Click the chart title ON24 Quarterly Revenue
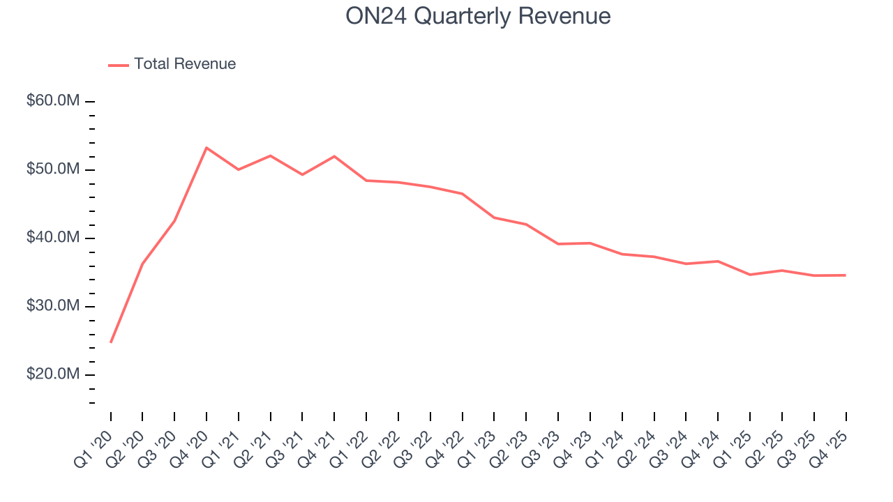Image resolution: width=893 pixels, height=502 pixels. point(478,16)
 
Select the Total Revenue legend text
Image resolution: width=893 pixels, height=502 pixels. point(185,64)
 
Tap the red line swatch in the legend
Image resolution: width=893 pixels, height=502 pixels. point(119,65)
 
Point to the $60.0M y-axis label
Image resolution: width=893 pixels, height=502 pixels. point(53,101)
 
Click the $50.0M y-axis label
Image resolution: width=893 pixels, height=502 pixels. point(53,169)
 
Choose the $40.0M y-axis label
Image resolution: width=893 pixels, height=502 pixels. point(53,238)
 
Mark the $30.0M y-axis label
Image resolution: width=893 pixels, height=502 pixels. point(53,306)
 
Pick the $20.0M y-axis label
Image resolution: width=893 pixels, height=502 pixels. point(53,374)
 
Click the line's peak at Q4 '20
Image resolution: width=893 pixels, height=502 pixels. point(207,148)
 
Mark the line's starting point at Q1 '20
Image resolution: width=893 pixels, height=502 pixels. point(111,342)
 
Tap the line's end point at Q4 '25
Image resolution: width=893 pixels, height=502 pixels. point(846,275)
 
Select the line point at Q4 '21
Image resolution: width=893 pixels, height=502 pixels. point(334,156)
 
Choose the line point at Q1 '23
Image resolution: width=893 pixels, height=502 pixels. point(494,218)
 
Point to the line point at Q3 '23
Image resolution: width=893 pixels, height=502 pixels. point(558,244)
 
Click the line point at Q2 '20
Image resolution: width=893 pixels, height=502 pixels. point(142,264)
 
